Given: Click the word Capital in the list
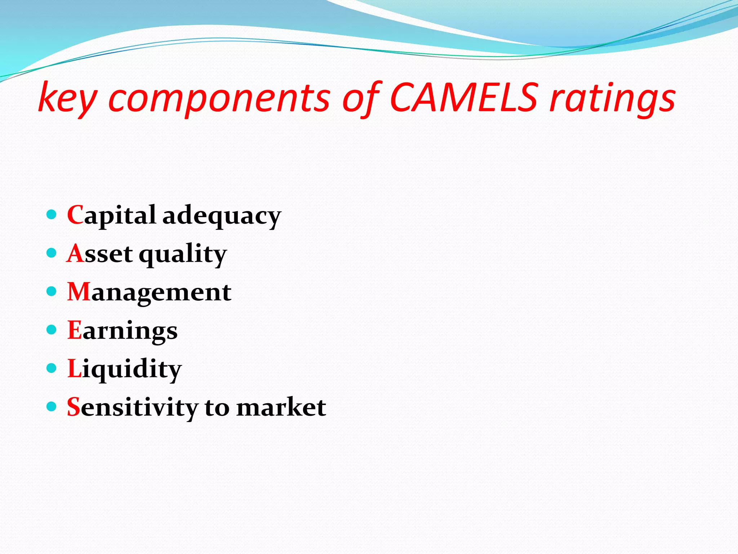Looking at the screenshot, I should click(x=111, y=215).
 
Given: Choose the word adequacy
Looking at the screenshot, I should click(x=221, y=216).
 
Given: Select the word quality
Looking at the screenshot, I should click(x=182, y=255).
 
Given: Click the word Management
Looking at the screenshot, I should click(x=149, y=292).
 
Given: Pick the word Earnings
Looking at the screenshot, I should click(x=122, y=331).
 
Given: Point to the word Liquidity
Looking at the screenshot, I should click(x=124, y=369).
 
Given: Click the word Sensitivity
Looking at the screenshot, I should click(x=132, y=408).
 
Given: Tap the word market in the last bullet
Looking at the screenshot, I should click(x=281, y=408).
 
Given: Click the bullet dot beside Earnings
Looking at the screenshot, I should click(x=52, y=330).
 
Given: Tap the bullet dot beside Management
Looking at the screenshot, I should click(x=52, y=291).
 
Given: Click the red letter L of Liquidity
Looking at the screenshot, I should click(x=74, y=368).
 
